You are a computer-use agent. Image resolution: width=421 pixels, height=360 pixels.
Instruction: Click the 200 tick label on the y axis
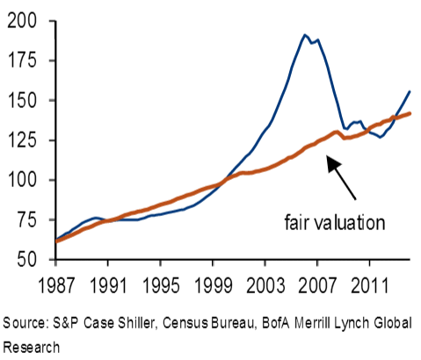22,21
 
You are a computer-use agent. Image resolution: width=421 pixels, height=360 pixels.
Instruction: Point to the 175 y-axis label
23,61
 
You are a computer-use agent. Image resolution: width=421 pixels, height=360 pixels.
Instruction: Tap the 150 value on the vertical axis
23,100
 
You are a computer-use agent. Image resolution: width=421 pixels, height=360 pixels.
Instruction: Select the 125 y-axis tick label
23,140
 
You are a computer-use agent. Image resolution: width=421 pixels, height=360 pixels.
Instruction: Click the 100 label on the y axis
23,179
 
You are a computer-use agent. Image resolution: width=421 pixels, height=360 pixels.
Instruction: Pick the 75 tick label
27,220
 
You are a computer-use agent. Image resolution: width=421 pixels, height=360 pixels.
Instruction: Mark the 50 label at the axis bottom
27,259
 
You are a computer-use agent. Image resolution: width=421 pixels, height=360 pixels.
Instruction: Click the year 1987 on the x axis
57,285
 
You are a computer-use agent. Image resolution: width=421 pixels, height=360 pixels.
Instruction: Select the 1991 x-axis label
109,285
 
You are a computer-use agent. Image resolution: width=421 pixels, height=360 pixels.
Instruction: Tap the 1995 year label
161,285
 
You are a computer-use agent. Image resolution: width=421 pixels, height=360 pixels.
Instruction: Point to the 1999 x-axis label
214,285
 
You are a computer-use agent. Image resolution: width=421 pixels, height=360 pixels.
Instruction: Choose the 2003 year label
265,285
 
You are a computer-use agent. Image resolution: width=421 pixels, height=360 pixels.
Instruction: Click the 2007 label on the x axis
317,285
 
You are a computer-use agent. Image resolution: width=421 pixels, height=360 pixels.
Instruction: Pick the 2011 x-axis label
369,285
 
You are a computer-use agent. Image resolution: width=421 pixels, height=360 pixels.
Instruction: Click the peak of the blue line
305,35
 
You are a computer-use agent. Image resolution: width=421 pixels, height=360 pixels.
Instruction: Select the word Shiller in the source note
136,323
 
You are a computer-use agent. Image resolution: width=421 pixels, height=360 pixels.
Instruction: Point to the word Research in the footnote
31,348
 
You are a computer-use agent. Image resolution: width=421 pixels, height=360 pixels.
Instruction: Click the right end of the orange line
410,113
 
